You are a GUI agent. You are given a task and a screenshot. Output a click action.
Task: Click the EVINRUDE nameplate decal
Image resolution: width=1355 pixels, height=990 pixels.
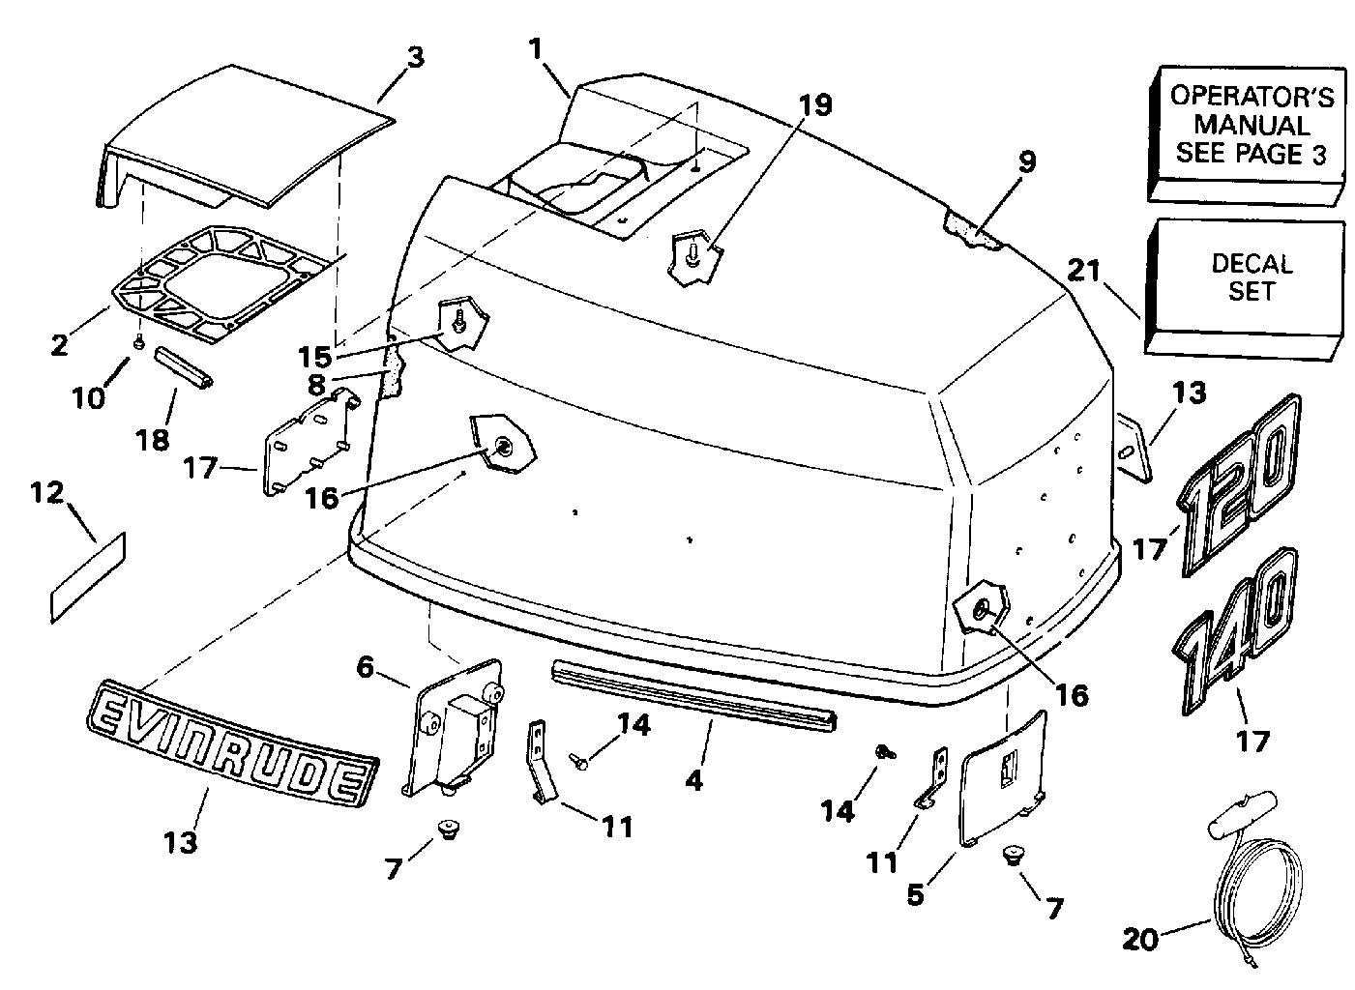pyautogui.click(x=229, y=741)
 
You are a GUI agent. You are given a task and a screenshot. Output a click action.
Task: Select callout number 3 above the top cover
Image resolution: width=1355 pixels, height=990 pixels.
pyautogui.click(x=415, y=57)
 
